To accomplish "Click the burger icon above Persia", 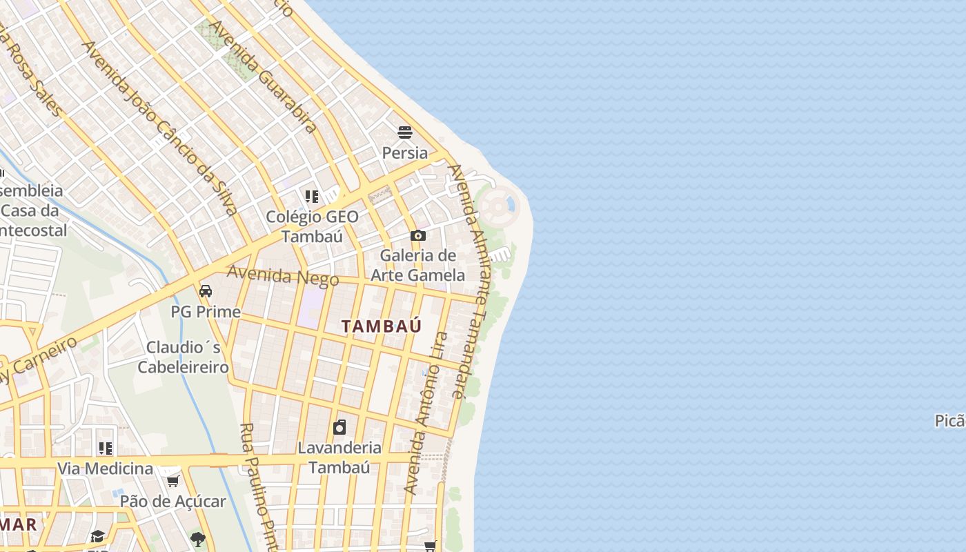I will (405, 132).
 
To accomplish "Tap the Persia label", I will (405, 152).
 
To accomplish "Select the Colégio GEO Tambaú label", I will (313, 226).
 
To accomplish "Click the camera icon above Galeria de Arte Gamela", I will (417, 236).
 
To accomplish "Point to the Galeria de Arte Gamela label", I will (418, 265).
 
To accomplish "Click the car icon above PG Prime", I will (206, 290).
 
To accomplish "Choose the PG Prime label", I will (206, 312).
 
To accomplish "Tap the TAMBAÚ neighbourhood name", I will (382, 326).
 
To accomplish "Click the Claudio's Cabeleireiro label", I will (183, 357).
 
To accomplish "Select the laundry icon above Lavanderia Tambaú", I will (339, 427).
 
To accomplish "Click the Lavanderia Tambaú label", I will (339, 457).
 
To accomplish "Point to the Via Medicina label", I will (105, 469).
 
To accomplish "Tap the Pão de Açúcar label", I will (173, 501).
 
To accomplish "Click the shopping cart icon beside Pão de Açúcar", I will (173, 481).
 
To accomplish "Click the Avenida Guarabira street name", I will (262, 76).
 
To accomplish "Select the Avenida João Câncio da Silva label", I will (160, 128).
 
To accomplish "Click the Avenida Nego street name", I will (283, 276).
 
